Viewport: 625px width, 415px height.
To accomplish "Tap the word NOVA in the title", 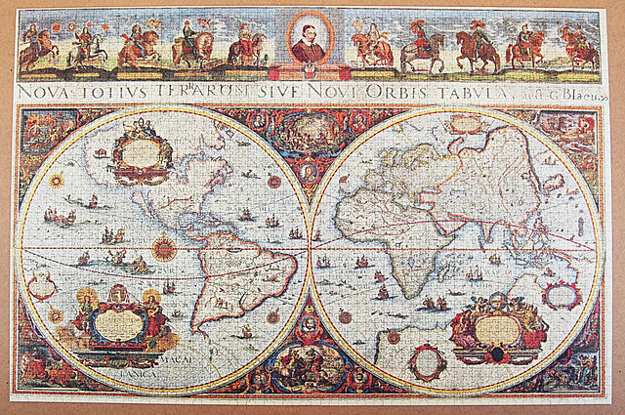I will [x=43, y=91].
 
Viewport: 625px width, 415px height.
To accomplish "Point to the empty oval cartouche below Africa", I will [x=427, y=362].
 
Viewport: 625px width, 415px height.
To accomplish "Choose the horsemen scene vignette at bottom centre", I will [x=310, y=368].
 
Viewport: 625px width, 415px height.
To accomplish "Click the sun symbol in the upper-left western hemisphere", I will [x=58, y=181].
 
